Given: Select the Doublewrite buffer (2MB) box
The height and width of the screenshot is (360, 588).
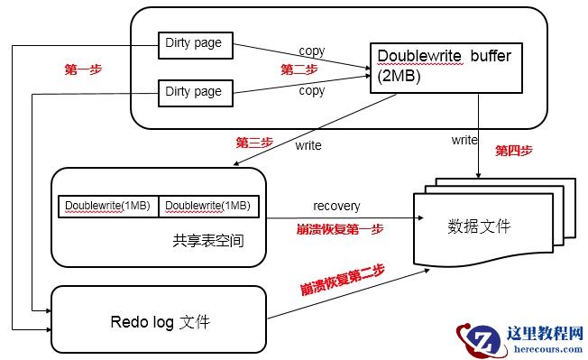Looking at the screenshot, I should [x=446, y=65].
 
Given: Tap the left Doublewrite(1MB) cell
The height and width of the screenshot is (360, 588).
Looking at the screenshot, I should [x=108, y=207].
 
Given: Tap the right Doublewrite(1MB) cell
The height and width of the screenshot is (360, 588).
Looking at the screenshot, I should [x=209, y=207].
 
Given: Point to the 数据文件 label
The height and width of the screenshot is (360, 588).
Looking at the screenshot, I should [x=479, y=225].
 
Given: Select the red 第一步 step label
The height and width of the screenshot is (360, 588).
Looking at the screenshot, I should [x=82, y=69].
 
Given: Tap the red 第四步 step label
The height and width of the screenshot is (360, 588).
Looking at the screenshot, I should [x=513, y=151].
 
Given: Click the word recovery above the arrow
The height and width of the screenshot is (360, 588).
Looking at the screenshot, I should [x=336, y=207].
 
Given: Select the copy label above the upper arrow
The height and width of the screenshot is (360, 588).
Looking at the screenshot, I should [x=311, y=50].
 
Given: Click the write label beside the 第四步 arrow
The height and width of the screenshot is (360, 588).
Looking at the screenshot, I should [x=464, y=140].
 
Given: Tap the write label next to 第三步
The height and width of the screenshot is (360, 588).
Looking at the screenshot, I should [x=308, y=144].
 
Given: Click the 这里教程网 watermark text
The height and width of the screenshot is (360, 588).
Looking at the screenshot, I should [x=547, y=334].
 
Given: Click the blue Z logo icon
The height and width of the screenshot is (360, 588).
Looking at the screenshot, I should [x=482, y=339].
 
